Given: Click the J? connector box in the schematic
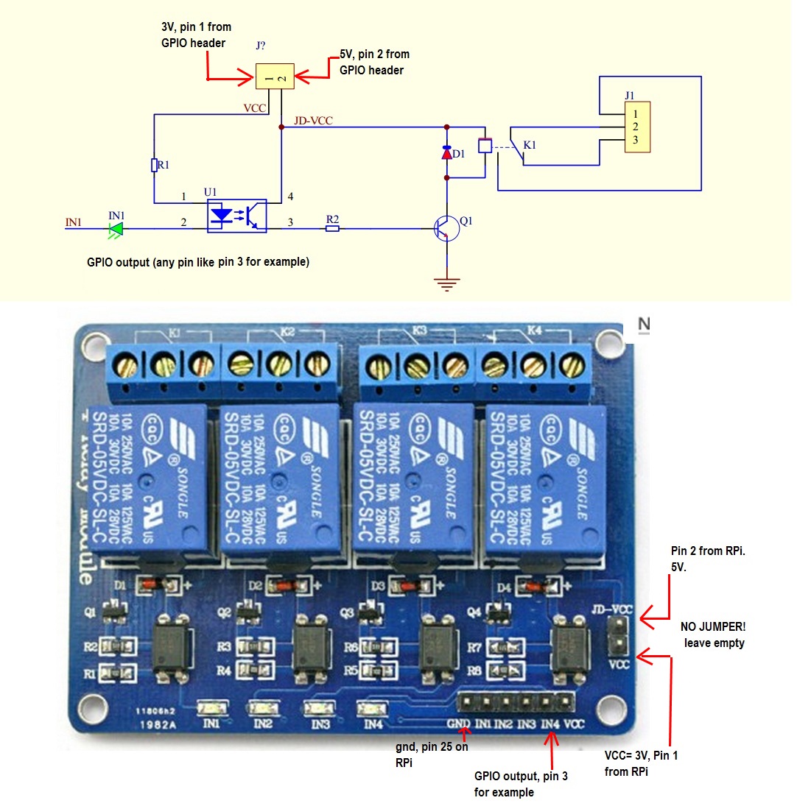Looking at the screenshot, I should pos(275,77).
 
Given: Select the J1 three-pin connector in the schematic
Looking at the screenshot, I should pos(638,127).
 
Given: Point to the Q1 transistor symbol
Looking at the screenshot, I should pos(446,228).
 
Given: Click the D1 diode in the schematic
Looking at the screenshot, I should pos(446,153).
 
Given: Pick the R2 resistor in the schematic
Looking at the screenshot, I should pos(333,228).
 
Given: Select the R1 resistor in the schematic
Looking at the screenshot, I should pos(154,165).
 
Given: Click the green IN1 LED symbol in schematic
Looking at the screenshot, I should pos(115,228).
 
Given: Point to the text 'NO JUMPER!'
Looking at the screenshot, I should pos(715,627).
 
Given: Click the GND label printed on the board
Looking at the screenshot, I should pos(457,724).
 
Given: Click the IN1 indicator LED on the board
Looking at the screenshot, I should pos(209,708).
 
